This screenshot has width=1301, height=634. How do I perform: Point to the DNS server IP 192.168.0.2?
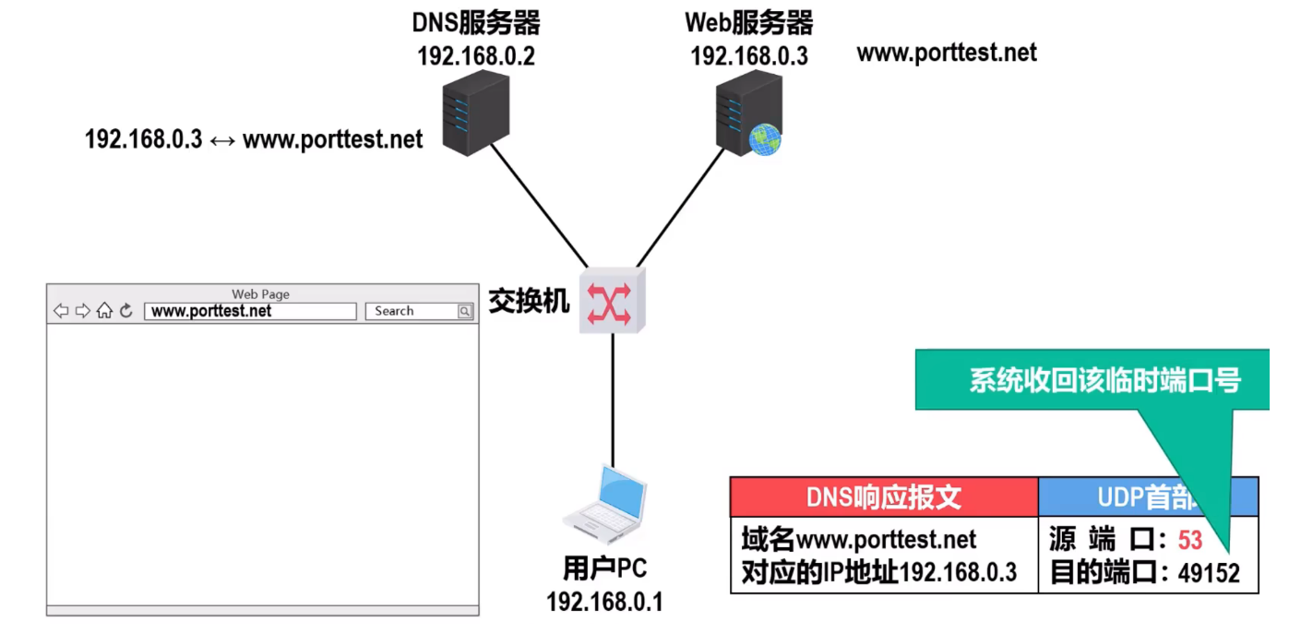(x=476, y=56)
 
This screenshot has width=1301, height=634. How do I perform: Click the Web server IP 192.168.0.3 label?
(x=749, y=56)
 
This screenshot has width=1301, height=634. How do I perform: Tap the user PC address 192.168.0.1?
(x=605, y=603)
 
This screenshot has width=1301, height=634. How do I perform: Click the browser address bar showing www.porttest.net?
(x=250, y=311)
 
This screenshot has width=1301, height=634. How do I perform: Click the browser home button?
(x=104, y=311)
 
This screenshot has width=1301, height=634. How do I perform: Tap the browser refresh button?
(x=126, y=311)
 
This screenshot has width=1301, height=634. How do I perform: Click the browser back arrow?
(x=61, y=311)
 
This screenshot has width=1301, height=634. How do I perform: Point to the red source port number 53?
(x=1190, y=539)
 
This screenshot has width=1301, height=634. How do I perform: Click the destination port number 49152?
(x=1209, y=573)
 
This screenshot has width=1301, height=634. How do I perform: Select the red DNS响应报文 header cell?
(x=884, y=497)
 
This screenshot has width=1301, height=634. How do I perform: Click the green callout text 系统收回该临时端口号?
(x=1104, y=380)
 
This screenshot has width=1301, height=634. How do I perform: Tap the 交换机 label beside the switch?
(x=529, y=301)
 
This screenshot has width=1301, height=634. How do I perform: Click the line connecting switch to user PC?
(x=613, y=397)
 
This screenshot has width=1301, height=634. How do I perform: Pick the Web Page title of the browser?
(x=260, y=294)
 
